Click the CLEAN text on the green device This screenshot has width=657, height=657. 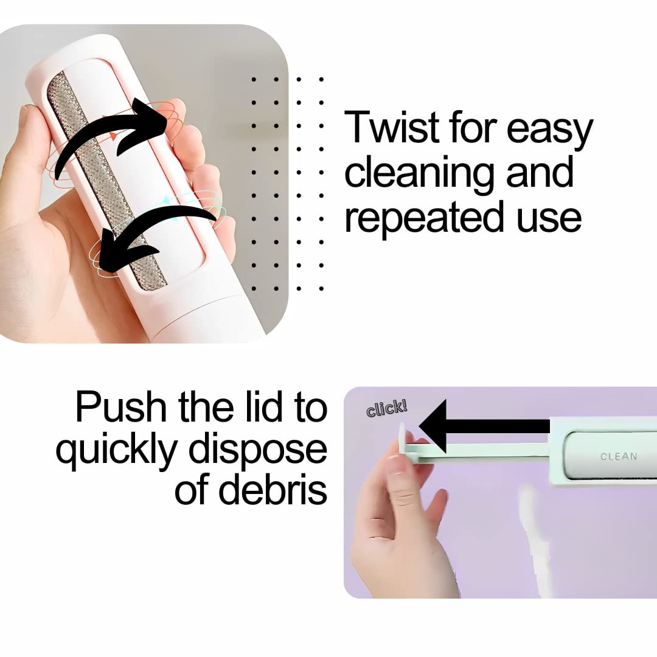tap(618, 456)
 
